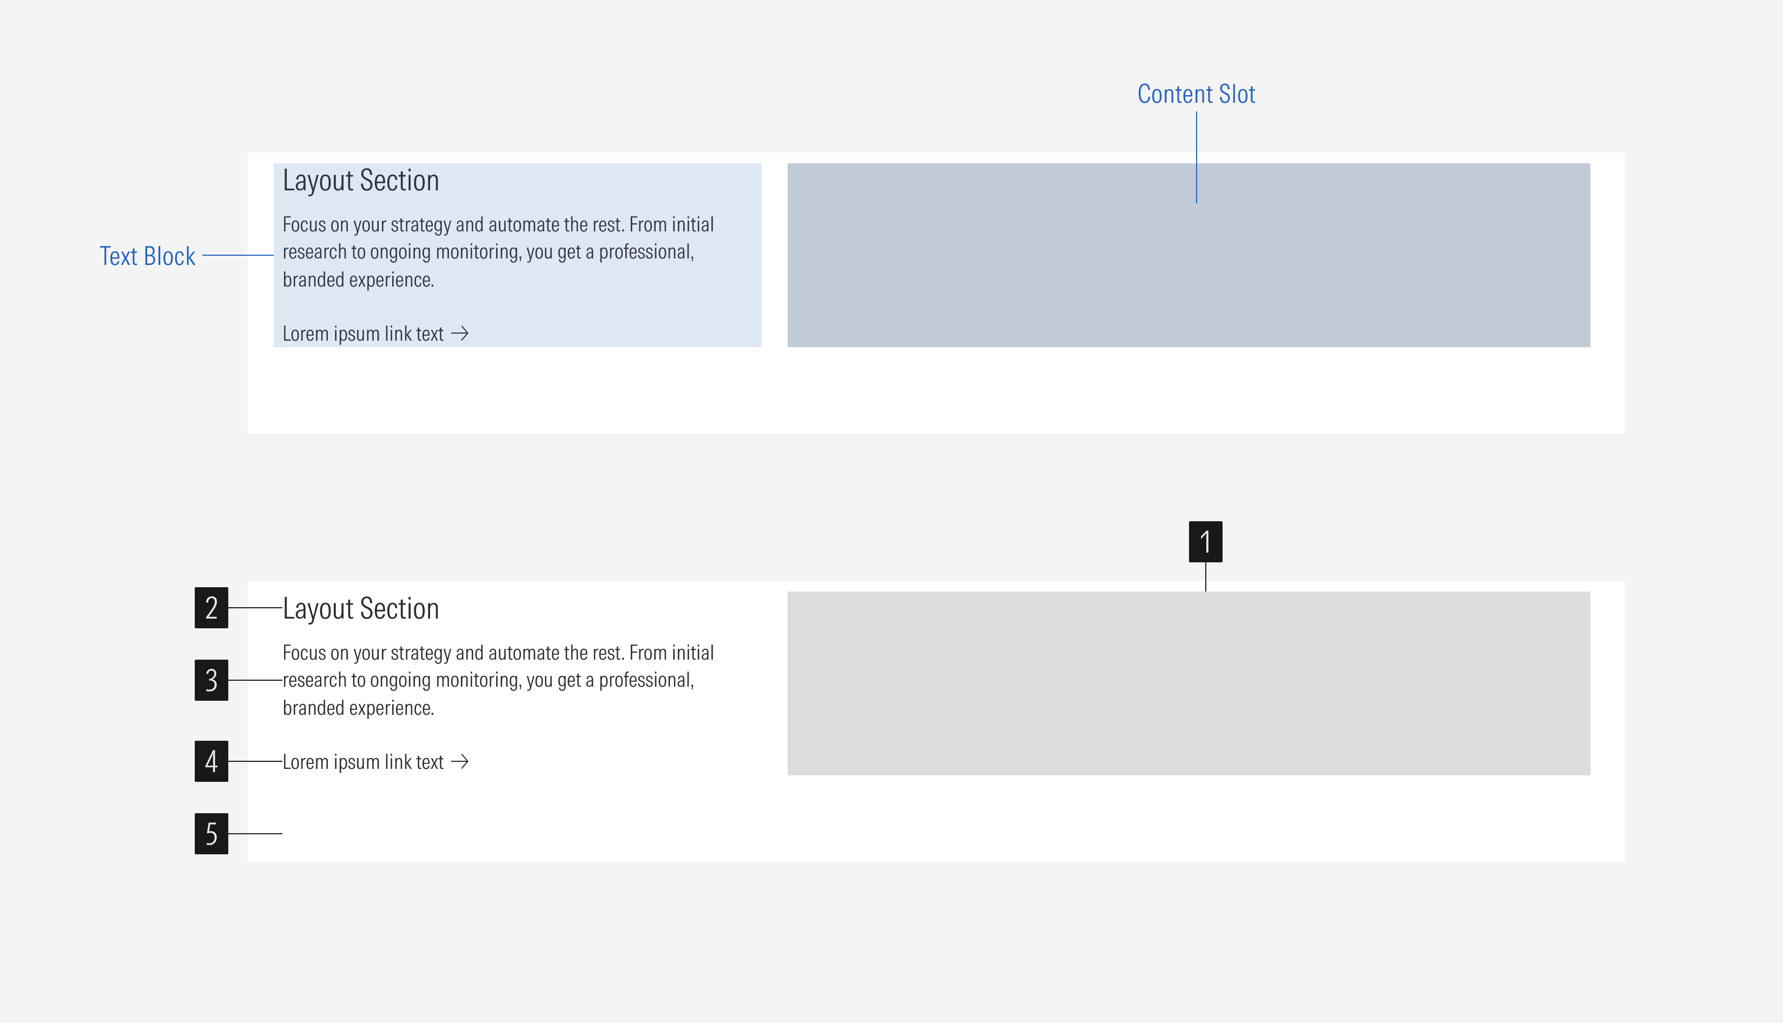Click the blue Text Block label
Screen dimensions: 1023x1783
(147, 256)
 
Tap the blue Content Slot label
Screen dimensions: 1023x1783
(1196, 94)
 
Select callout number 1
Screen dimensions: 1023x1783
(1205, 542)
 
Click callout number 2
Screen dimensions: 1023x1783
(211, 608)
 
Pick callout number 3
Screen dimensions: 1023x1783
(211, 680)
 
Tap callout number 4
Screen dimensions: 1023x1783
(211, 761)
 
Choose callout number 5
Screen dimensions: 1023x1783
(211, 833)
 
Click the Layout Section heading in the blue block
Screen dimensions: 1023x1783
(360, 181)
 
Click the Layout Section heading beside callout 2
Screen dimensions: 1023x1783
(360, 608)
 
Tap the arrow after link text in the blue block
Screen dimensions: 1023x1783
(460, 333)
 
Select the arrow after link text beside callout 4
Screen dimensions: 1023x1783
(460, 762)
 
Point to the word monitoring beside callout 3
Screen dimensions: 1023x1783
(478, 680)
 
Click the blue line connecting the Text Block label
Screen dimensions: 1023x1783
(237, 255)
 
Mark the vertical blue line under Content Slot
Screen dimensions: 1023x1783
(1196, 157)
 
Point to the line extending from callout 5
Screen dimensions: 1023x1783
(255, 833)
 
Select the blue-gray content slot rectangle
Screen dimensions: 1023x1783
(1188, 267)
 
